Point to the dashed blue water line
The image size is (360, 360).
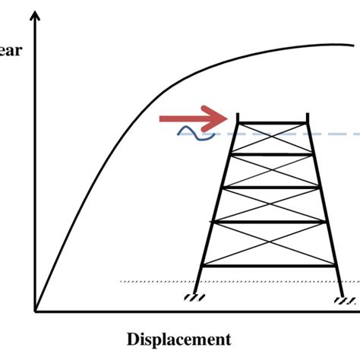tap(334, 134)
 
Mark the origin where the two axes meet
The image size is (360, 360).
tap(35, 311)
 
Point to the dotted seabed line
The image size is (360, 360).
tap(152, 282)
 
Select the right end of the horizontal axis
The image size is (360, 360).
tap(357, 311)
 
